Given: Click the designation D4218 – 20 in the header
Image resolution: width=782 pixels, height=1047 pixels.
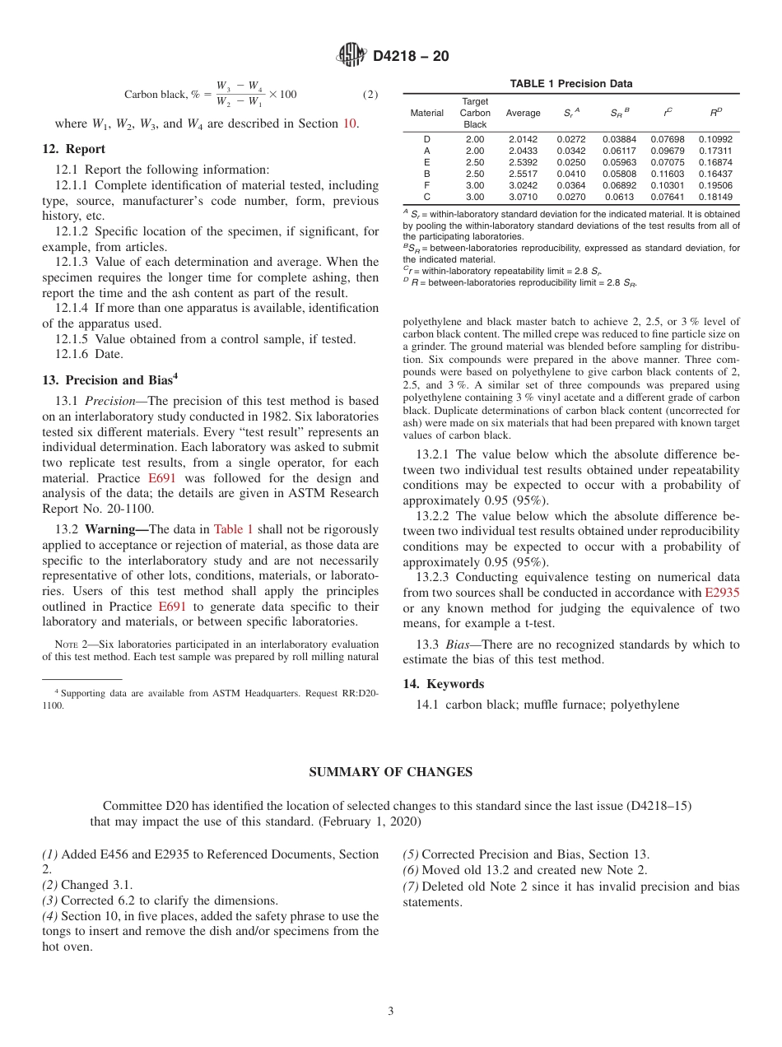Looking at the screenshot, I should point(411,57).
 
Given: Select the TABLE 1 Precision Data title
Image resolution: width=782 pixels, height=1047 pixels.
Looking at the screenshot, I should point(570,84).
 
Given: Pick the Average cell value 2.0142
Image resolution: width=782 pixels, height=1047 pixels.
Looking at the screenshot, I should point(523,139).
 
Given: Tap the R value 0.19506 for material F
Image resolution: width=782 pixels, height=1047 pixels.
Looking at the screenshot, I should point(715,185).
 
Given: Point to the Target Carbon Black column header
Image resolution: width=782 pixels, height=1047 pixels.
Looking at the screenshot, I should point(475,113).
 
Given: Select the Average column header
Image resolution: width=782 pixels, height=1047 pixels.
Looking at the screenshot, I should point(523,113).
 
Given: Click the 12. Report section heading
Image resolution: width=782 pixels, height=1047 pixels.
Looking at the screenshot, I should point(74,149).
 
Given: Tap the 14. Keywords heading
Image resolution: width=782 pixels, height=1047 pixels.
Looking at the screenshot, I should point(443,684).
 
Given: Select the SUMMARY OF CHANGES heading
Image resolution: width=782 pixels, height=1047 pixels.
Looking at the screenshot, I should point(390,772).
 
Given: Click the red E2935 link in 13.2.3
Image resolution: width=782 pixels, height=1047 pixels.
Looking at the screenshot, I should point(722,593).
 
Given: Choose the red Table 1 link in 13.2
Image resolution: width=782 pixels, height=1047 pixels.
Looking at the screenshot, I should point(233,529).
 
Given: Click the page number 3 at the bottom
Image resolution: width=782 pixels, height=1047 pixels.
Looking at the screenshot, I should point(390,1012).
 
